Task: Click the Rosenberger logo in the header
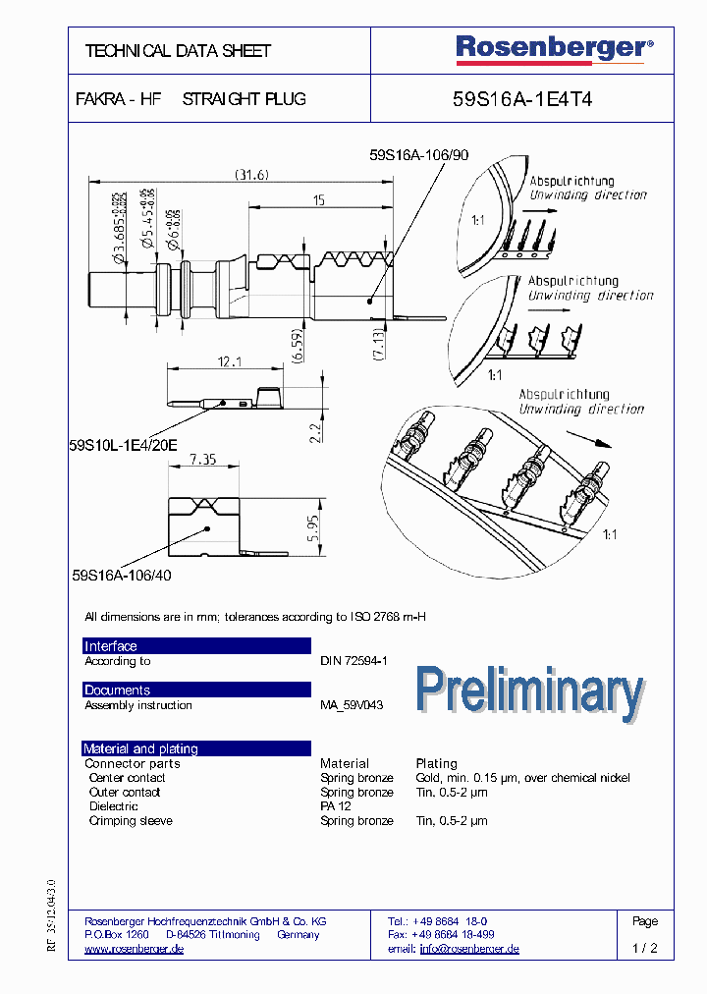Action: point(553,48)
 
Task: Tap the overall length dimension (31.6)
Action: point(251,176)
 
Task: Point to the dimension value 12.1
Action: point(228,362)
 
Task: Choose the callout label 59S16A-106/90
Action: point(419,155)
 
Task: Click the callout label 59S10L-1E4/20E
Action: point(124,444)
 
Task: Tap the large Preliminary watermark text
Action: point(529,690)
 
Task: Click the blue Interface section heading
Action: point(111,646)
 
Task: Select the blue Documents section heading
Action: point(117,690)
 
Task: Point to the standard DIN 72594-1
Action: point(353,661)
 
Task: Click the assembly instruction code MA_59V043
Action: point(352,705)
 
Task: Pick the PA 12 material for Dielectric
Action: point(335,806)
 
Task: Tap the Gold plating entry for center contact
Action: point(522,778)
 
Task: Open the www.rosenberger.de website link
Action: point(134,949)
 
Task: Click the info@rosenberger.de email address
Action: point(469,949)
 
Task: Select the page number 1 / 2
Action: point(645,949)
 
